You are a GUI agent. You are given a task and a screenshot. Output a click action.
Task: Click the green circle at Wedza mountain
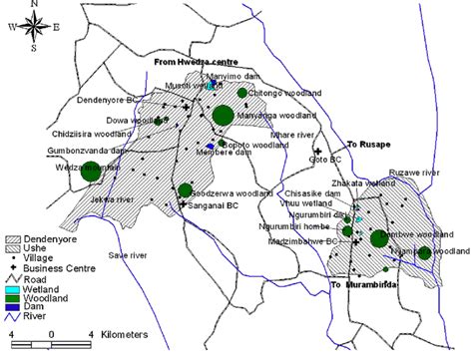91,171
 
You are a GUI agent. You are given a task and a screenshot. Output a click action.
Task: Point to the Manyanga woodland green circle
223,116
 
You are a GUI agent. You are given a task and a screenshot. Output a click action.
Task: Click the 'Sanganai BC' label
213,203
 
